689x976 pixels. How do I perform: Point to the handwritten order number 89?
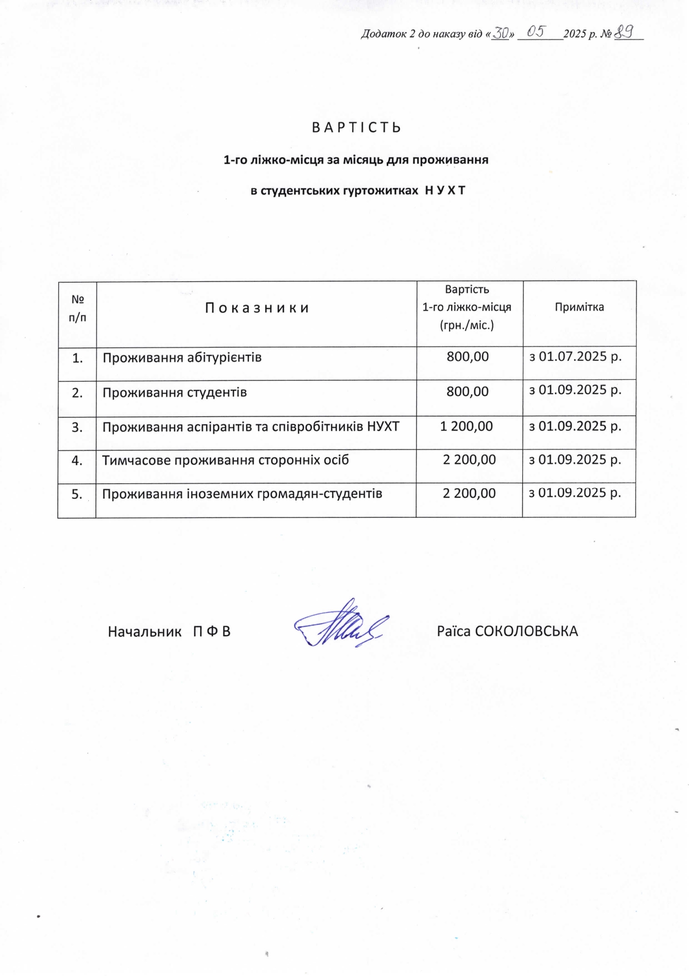point(625,32)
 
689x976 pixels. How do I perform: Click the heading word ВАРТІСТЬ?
point(356,128)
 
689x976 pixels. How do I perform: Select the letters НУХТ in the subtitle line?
point(445,191)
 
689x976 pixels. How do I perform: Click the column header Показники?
point(257,308)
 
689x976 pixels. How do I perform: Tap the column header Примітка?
point(579,307)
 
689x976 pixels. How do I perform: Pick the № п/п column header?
point(78,308)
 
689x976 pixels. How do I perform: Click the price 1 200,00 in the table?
point(466,427)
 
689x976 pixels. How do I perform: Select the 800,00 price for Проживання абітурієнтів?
point(467,356)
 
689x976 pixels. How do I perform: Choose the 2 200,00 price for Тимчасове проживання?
point(469,460)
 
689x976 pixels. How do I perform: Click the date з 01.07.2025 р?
point(575,356)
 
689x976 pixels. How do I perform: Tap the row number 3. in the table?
point(77,427)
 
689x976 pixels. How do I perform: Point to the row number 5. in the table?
point(77,494)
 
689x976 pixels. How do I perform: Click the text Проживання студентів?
point(174,393)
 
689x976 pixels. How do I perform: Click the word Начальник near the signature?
point(144,632)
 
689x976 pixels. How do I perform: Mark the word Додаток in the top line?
point(383,34)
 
